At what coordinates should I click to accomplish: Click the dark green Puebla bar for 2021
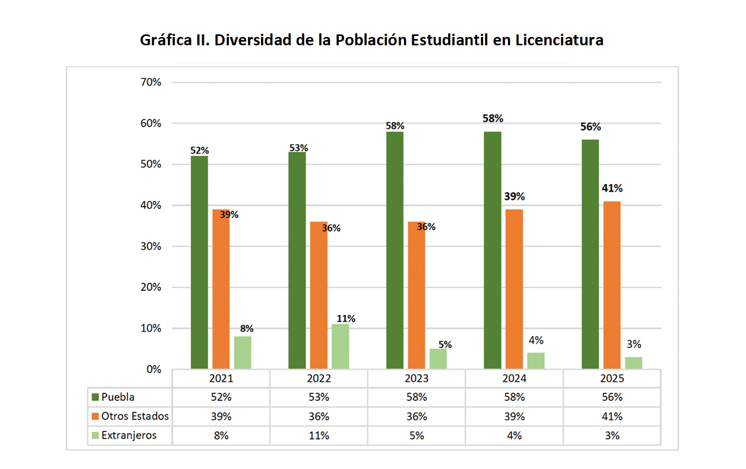199,262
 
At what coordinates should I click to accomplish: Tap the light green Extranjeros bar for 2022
341,347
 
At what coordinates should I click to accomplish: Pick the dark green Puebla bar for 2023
395,250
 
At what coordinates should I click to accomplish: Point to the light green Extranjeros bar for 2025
633,363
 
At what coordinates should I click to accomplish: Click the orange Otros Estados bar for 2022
319,295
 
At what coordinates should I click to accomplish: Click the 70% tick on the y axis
151,82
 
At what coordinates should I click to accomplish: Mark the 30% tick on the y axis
151,246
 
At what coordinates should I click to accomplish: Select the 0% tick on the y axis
153,369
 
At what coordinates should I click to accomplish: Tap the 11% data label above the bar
346,319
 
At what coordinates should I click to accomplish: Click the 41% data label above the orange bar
612,188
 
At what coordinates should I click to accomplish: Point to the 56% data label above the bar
591,127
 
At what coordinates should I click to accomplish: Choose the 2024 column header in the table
514,378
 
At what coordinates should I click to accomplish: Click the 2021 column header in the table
221,378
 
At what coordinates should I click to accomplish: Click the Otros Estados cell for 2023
416,416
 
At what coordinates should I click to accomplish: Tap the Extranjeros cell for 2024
514,435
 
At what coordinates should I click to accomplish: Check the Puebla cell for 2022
319,397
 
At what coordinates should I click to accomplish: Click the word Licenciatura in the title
559,40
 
